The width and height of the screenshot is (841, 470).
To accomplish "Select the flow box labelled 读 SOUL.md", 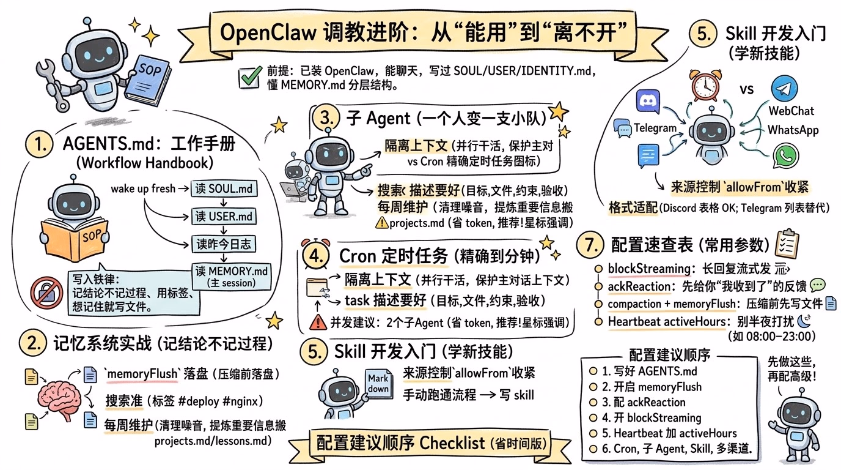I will [x=224, y=189].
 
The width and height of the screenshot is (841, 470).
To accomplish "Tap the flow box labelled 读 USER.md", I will [x=224, y=217].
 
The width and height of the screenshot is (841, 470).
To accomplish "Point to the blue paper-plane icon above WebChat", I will [x=784, y=89].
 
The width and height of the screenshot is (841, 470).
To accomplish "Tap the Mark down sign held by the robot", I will [x=378, y=384].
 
